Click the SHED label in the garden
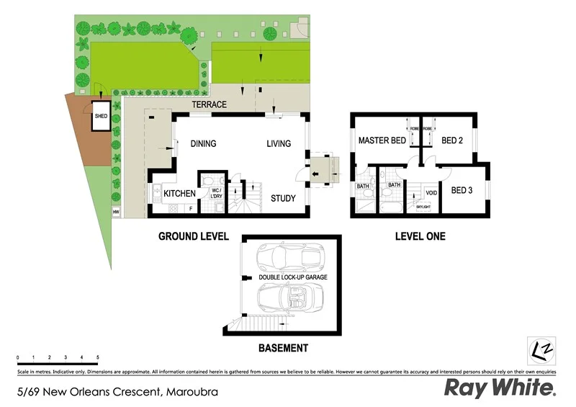(x=101, y=116)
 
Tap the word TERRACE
(x=209, y=104)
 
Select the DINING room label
(x=203, y=143)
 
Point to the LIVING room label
(x=279, y=143)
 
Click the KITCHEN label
(x=180, y=194)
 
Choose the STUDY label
(x=283, y=198)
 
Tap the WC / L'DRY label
(x=215, y=193)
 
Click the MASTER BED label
(x=382, y=140)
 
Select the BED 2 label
(x=451, y=140)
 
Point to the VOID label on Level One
(x=431, y=192)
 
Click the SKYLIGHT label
(x=423, y=207)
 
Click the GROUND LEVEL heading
(x=194, y=236)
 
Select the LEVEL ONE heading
(x=420, y=236)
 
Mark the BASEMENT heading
(x=283, y=348)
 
